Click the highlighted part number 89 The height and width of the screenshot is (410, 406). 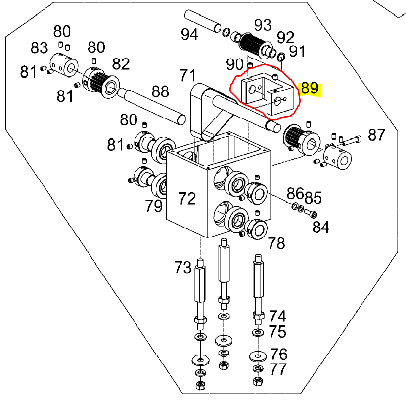pos(310,89)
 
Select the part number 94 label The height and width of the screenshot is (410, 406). pos(190,35)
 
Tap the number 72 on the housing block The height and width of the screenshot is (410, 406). pos(187,198)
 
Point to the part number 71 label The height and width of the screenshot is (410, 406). pos(188,76)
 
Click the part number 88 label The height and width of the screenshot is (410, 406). pos(160,91)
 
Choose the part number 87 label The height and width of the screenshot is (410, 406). pos(377,134)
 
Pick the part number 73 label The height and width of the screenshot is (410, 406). pos(182,268)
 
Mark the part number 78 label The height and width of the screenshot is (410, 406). pos(276,243)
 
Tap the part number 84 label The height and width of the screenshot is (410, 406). pos(321,228)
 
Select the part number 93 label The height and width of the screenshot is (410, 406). pos(263,24)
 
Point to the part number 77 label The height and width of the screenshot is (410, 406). pos(278,369)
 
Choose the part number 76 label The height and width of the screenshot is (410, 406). pos(279,354)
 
